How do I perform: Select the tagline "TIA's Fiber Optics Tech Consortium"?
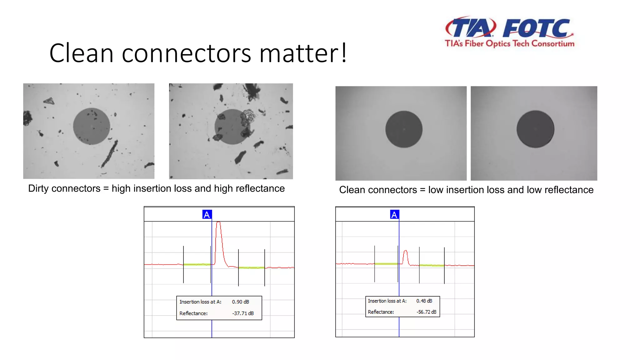pos(509,43)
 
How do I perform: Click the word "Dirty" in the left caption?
pos(38,188)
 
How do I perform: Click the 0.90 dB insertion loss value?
pos(240,302)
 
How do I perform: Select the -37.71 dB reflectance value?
pos(243,313)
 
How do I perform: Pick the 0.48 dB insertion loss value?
pos(424,301)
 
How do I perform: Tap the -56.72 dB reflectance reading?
pos(426,312)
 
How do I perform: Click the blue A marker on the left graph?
pos(207,215)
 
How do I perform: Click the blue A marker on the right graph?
pos(394,215)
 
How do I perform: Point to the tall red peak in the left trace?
pos(219,228)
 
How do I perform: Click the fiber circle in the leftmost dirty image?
pos(92,126)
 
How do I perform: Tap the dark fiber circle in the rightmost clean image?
pos(535,129)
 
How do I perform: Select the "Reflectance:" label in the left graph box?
pos(193,313)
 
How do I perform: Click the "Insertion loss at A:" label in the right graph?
pos(387,301)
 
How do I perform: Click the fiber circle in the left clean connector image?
pos(404,129)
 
